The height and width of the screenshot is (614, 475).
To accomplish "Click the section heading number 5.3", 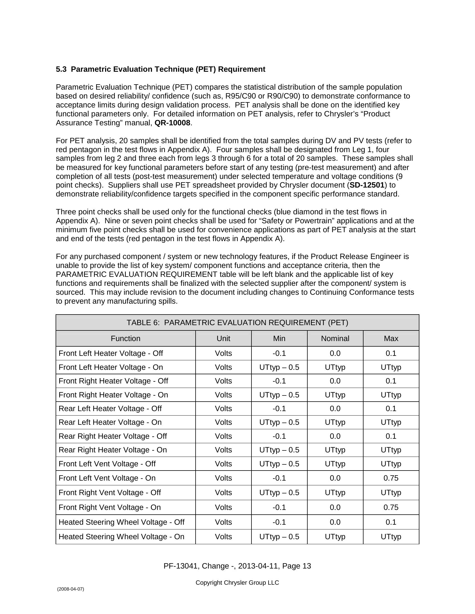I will (x=61, y=69).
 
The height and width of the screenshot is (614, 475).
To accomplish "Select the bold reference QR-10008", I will (x=172, y=123).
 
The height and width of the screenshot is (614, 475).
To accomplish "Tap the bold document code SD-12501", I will (x=367, y=185).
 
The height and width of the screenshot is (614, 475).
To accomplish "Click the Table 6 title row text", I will (x=237, y=322).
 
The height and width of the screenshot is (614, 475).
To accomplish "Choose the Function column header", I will (x=125, y=339).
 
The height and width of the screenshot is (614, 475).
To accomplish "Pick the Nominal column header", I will (x=335, y=339).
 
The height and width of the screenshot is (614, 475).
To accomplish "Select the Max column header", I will (x=391, y=339).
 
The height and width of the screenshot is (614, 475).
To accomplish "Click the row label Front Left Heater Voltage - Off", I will (x=111, y=353).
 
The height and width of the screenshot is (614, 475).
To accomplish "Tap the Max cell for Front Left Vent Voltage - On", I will (x=391, y=478).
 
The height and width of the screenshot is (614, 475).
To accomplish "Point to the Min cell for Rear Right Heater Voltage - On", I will (x=279, y=450).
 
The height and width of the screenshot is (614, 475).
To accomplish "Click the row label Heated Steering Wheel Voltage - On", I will (x=121, y=537).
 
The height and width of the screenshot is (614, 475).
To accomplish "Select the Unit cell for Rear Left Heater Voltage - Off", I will (x=224, y=409).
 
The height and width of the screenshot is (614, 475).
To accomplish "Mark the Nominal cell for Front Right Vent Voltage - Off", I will (x=335, y=493).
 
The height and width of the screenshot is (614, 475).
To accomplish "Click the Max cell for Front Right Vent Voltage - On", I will (x=391, y=507).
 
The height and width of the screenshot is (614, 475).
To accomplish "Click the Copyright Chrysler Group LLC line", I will (x=237, y=582).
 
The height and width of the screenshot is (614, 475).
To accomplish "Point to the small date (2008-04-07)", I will (x=70, y=589).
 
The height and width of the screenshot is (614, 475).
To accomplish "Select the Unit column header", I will (x=224, y=339).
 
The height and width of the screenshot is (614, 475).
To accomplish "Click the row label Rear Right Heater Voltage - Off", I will (x=113, y=436).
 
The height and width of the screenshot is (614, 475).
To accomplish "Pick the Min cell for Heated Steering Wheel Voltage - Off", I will (x=279, y=522).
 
